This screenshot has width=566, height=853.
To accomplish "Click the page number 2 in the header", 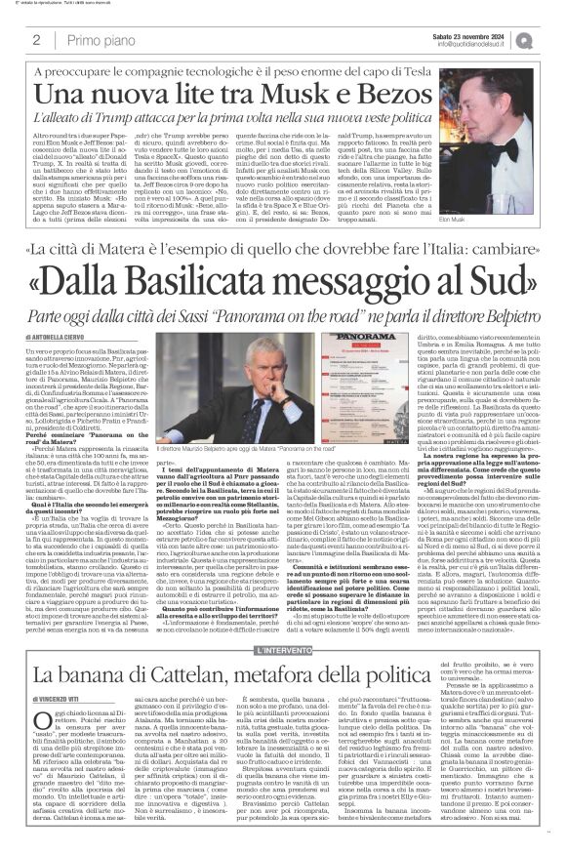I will click(36, 41).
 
